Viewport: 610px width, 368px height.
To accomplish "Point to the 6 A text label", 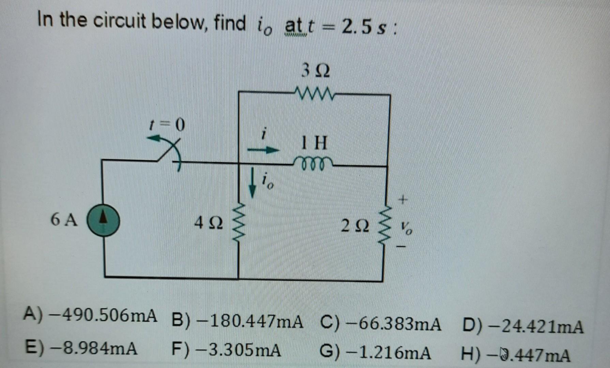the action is click(64, 220).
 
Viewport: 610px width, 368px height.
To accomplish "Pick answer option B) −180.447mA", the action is click(238, 321).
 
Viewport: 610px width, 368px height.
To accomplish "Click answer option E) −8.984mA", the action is click(82, 348).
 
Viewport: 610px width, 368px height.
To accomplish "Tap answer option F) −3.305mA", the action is click(227, 350).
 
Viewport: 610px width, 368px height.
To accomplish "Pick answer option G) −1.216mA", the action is click(375, 353).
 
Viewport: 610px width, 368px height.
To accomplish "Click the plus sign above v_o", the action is click(403, 199).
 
